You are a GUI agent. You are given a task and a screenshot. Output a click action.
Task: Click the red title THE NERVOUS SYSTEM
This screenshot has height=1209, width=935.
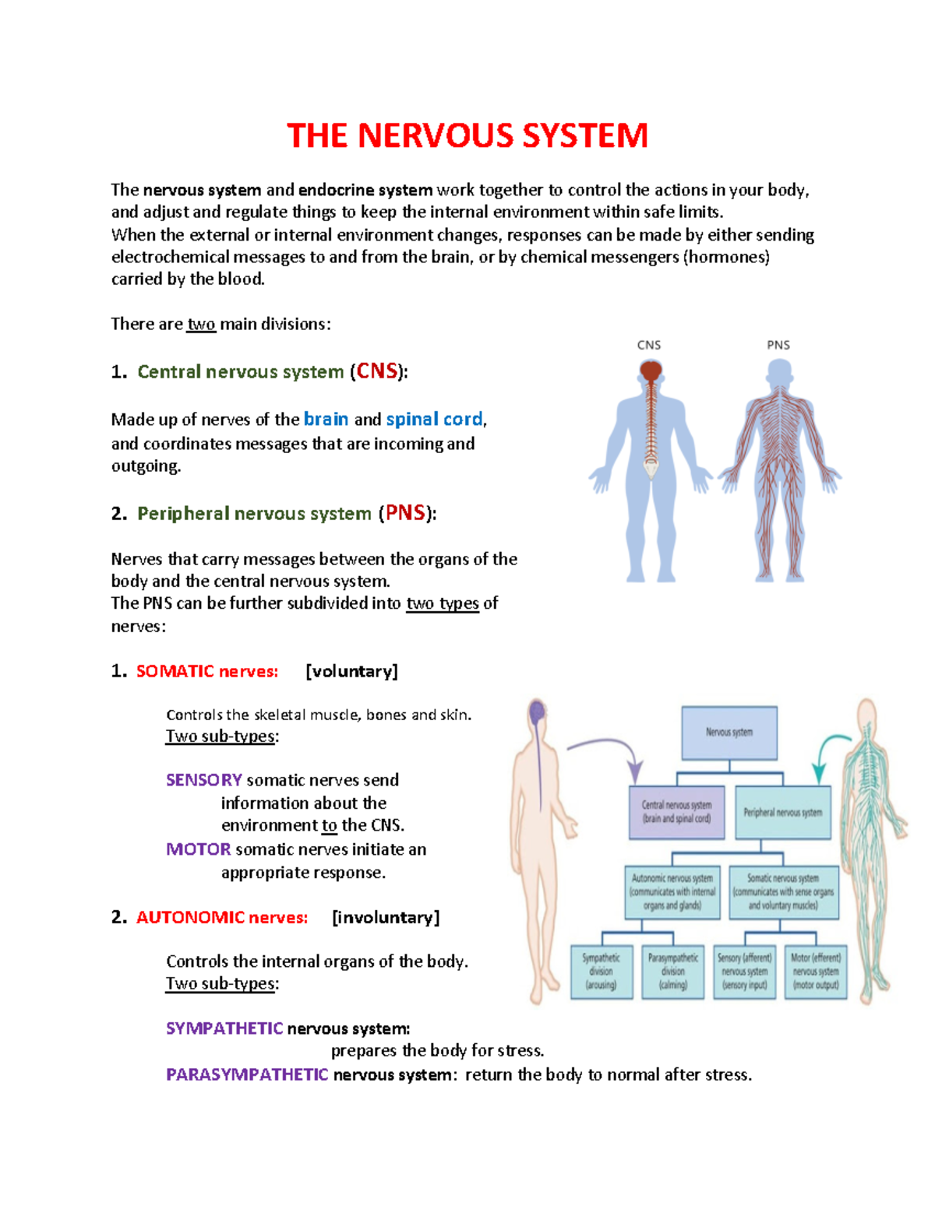pos(467,135)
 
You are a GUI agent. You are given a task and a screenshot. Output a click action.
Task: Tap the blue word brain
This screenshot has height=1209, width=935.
pos(326,419)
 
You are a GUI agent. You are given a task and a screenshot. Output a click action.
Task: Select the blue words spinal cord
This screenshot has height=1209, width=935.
pos(434,419)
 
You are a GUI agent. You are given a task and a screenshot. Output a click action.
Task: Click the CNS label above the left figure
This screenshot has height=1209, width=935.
pos(648,345)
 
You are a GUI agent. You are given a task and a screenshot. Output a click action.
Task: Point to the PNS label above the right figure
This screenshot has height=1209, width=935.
pos(778,345)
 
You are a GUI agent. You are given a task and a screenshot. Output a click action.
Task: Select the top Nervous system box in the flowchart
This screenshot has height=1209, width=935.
pos(729,733)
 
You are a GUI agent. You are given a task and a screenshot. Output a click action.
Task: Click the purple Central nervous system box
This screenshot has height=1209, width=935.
pos(676,812)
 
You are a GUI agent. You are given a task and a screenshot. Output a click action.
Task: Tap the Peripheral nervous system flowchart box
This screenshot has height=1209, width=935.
pos(782,812)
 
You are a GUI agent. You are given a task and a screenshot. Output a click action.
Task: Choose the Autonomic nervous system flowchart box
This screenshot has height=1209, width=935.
pos(672,891)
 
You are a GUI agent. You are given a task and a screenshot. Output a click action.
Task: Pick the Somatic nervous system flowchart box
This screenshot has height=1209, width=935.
pos(783,891)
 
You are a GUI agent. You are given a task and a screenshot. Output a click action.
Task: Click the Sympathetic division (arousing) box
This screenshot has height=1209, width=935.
pos(601,972)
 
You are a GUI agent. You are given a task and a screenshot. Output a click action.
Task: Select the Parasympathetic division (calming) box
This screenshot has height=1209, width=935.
pos(673,972)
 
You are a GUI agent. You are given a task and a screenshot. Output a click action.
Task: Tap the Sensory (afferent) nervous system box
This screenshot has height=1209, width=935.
pos(745,972)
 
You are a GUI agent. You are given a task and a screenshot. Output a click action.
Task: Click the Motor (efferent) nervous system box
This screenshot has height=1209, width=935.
pos(816,972)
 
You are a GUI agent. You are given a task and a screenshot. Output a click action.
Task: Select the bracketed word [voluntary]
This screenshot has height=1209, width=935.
pos(351,671)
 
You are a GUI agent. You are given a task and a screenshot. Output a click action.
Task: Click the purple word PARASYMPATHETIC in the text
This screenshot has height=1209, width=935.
pos(247,1074)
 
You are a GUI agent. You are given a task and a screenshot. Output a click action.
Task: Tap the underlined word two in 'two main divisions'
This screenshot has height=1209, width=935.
pos(201,324)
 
